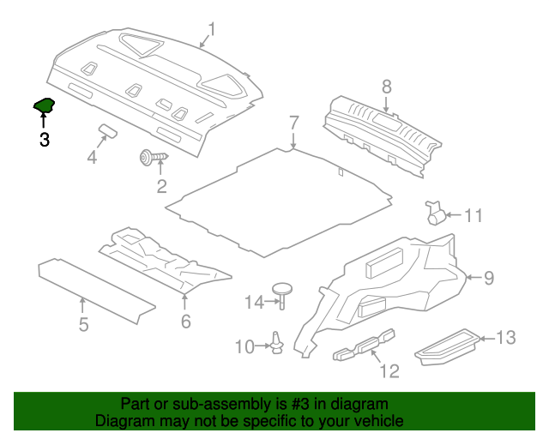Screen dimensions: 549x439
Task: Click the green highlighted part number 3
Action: click(x=44, y=105)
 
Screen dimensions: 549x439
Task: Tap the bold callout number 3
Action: click(x=45, y=140)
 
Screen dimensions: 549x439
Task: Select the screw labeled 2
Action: click(x=154, y=157)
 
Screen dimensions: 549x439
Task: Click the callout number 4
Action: click(x=92, y=157)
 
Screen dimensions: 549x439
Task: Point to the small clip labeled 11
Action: click(x=435, y=213)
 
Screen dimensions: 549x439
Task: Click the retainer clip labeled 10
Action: click(x=277, y=342)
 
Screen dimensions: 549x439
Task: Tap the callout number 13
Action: click(x=506, y=338)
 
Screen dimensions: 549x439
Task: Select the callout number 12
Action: click(x=389, y=370)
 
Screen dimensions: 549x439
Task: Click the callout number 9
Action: click(x=489, y=278)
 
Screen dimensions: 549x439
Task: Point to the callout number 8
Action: click(x=387, y=87)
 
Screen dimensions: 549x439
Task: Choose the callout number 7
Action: click(x=294, y=123)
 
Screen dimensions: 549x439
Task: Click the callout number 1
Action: click(x=212, y=29)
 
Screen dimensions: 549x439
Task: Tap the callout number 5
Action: click(x=83, y=324)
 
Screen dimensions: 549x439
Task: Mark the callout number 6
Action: click(x=186, y=322)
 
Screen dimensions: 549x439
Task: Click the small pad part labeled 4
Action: click(x=107, y=130)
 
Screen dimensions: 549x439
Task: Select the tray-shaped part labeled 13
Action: click(x=447, y=347)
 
